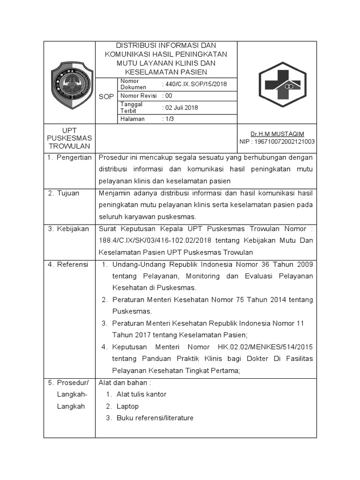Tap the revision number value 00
pos(167,96)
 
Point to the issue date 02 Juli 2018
pos(180,107)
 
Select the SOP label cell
pos(106,96)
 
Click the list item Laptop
pos(128,406)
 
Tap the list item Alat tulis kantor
pos(141,394)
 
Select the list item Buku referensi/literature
pos(155,418)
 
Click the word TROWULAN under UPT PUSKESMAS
pos(69,146)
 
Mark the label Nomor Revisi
pos(138,96)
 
